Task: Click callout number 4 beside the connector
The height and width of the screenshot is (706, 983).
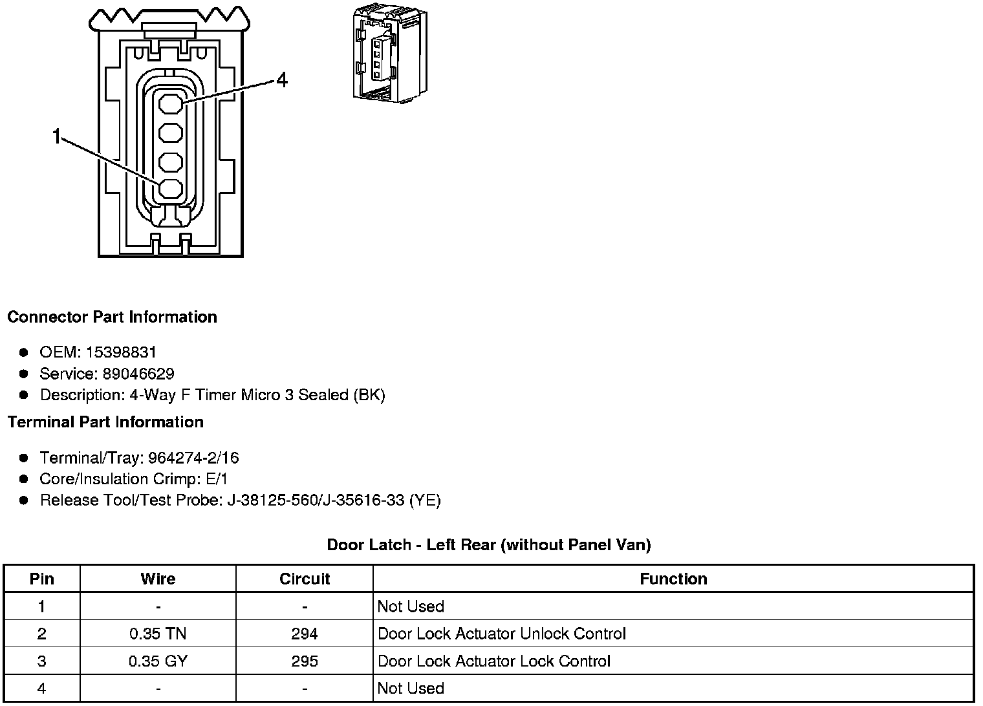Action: (281, 80)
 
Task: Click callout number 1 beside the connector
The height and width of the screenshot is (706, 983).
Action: (57, 137)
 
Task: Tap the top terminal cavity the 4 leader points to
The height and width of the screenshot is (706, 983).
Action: (171, 103)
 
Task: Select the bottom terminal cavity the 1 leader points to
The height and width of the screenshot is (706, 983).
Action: (171, 189)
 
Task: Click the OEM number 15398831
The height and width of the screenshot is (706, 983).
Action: (121, 352)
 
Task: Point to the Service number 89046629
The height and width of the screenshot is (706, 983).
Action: (138, 374)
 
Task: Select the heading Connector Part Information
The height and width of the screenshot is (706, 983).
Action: (112, 317)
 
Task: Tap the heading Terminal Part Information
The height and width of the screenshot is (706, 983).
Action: (105, 422)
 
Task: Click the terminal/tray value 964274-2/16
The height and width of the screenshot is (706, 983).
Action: (193, 458)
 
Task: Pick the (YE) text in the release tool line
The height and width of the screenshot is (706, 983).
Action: (425, 500)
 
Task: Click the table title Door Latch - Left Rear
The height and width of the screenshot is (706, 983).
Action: (488, 545)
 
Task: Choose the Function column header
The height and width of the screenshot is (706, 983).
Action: (673, 579)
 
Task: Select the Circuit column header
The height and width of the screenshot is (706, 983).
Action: (305, 579)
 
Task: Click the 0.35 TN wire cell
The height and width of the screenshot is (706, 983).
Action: (158, 634)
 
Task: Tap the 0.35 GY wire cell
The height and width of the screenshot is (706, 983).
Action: (158, 661)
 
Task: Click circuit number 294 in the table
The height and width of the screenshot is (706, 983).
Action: (305, 634)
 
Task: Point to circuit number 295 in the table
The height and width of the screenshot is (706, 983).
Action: (305, 661)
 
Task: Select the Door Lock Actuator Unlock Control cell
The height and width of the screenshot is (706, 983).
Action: (501, 634)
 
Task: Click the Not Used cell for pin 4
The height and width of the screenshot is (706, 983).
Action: (411, 689)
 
